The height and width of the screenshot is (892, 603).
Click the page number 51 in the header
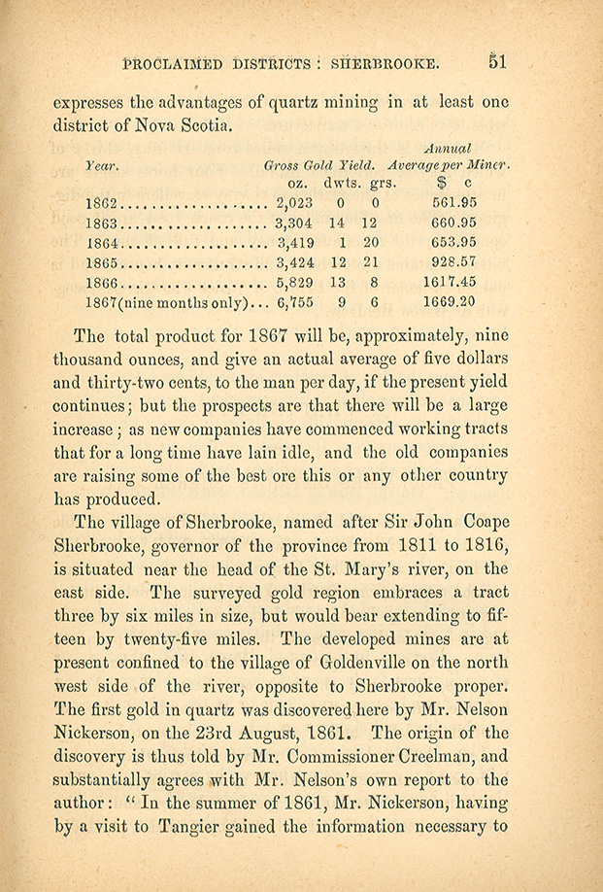[x=499, y=62]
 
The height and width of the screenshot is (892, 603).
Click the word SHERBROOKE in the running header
[x=385, y=64]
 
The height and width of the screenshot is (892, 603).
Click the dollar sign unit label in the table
[x=440, y=184]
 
